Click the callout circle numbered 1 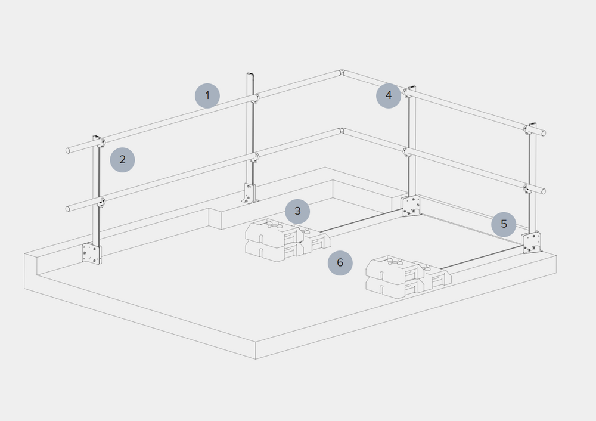[x=207, y=95]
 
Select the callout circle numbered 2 [x=122, y=160]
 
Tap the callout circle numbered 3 [x=297, y=211]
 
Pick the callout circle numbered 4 [x=389, y=95]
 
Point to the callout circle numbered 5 [x=504, y=224]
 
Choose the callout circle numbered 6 [x=340, y=263]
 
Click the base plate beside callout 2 [x=92, y=253]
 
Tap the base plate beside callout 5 [x=530, y=243]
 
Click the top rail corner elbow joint [x=342, y=73]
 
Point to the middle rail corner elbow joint [x=342, y=131]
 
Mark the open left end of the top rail [x=68, y=151]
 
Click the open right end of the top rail [x=544, y=133]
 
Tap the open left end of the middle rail [x=68, y=209]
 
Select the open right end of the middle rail [x=544, y=191]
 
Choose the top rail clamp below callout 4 [x=408, y=92]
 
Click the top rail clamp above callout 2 [x=101, y=143]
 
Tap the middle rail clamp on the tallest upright [x=256, y=157]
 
